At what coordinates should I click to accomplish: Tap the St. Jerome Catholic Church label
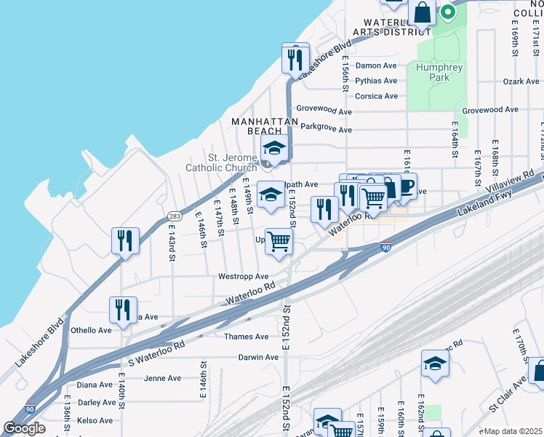222,162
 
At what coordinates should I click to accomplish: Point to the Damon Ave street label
376,66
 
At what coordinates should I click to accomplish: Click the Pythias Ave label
376,81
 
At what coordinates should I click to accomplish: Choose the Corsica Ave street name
376,96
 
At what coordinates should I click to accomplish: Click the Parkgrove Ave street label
326,130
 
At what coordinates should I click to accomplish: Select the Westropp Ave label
244,277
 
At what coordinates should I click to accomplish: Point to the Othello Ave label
91,330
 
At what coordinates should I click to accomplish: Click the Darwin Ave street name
258,358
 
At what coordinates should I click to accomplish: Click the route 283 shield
175,216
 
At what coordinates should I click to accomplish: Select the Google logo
24,428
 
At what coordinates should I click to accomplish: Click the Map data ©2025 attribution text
513,431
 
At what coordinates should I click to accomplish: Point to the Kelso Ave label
95,420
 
